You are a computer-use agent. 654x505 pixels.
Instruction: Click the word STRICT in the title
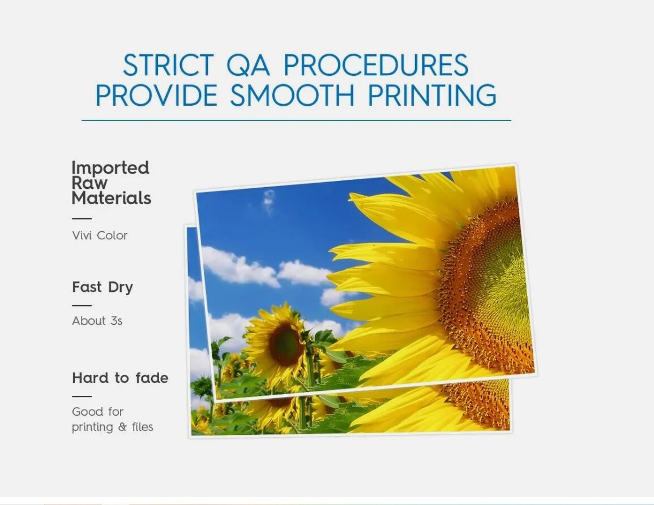click(168, 65)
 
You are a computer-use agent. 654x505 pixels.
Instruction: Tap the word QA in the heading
click(248, 66)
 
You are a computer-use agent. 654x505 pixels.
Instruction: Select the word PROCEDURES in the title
click(376, 65)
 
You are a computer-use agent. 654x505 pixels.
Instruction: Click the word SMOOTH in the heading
click(292, 95)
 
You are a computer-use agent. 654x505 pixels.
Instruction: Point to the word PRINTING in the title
click(431, 95)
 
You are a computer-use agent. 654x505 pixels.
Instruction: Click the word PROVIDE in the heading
click(156, 95)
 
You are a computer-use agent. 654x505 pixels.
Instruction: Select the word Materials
click(112, 198)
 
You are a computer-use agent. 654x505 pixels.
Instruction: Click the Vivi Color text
click(100, 235)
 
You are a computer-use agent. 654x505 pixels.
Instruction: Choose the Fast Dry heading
click(102, 287)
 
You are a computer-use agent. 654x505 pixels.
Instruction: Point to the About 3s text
click(97, 321)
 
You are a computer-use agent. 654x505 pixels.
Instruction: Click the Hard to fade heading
click(120, 378)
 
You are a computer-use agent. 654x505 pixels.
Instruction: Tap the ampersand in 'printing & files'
click(122, 427)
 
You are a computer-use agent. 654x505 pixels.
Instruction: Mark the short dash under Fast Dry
click(82, 305)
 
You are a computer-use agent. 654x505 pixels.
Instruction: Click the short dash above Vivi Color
click(82, 218)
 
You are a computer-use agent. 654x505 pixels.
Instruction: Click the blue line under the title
click(296, 120)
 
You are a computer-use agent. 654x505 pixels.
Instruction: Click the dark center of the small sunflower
click(285, 344)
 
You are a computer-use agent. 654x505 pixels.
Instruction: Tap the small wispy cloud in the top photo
click(269, 201)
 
